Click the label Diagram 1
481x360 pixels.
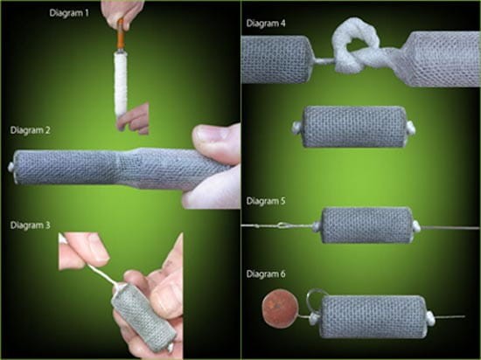[x=69, y=13]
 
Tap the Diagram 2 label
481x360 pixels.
[x=30, y=130]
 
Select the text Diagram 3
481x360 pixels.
[x=30, y=225]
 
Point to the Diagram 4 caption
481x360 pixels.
[x=266, y=24]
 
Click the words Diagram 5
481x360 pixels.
[x=266, y=201]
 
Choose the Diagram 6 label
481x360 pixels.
[x=266, y=273]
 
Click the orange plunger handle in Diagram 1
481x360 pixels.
[x=121, y=34]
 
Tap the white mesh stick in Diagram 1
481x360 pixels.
[x=121, y=83]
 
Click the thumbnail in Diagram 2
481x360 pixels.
[x=213, y=135]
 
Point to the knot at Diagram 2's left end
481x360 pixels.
[x=11, y=168]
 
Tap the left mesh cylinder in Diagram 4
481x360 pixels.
[x=276, y=59]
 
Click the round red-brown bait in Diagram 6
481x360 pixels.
[x=280, y=308]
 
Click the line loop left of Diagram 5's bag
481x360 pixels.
[x=282, y=226]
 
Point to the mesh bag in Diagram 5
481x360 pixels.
[x=367, y=225]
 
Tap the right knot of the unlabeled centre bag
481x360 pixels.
[x=410, y=128]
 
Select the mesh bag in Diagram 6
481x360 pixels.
[x=373, y=316]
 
